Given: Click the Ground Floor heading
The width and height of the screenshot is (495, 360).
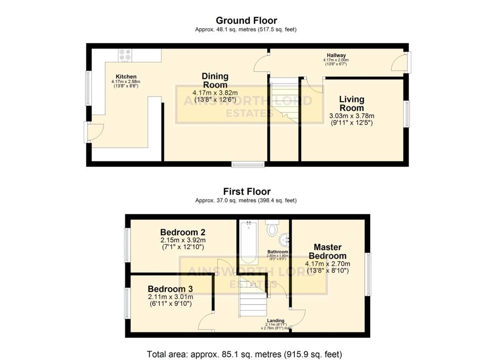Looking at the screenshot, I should (x=246, y=20).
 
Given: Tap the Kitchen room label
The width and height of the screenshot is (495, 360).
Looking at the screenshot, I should (x=126, y=76).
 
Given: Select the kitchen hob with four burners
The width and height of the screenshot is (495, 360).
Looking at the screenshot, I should (x=125, y=56).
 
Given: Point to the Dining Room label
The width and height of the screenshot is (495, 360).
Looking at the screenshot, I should (x=215, y=80).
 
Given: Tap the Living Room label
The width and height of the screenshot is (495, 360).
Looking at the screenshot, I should (x=351, y=103).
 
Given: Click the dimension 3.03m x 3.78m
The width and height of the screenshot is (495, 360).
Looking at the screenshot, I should (x=351, y=116).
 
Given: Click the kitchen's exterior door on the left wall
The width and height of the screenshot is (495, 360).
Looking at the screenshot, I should (x=94, y=132).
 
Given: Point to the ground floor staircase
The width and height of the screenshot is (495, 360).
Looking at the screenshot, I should (x=284, y=104).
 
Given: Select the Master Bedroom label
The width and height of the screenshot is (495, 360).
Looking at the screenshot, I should (x=327, y=251).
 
